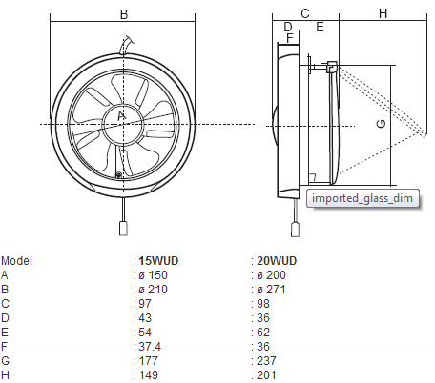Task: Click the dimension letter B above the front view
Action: click(124, 14)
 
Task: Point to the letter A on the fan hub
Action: click(122, 116)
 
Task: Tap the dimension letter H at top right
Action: click(383, 13)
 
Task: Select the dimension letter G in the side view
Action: click(381, 124)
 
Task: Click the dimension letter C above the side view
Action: click(305, 13)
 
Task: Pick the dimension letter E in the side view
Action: click(320, 27)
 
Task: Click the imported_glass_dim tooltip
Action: click(362, 198)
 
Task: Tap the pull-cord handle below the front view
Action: click(123, 229)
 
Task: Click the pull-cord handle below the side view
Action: click(296, 230)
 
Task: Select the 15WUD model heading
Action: click(158, 261)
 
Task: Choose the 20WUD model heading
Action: click(277, 261)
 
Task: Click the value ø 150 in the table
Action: click(153, 275)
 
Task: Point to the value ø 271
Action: click(271, 290)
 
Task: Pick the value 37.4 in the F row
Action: click(150, 347)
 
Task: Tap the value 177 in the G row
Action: click(148, 361)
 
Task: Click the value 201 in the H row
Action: click(266, 375)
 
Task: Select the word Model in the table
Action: click(16, 261)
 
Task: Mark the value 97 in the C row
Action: click(145, 304)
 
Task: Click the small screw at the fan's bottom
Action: click(118, 174)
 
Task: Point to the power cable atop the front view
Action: click(126, 45)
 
